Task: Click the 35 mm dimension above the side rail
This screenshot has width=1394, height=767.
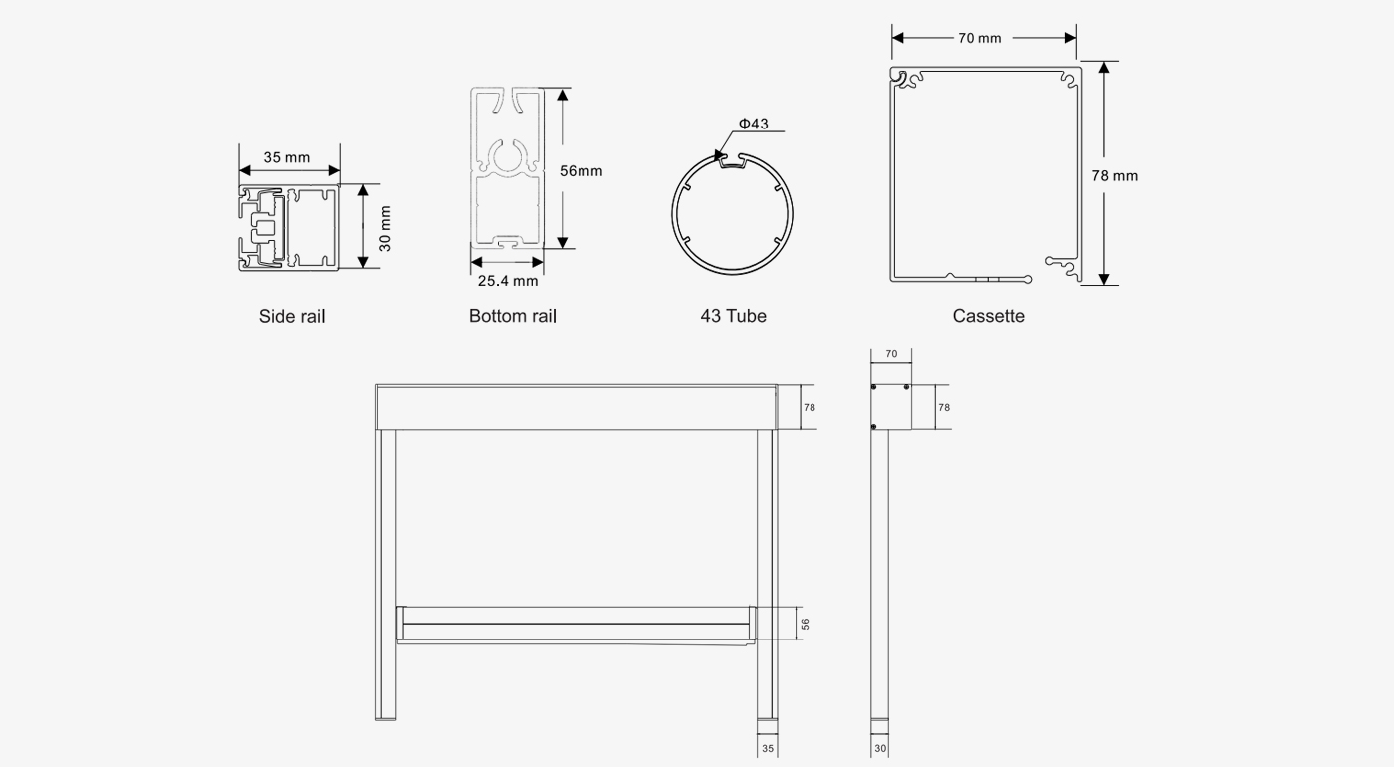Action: (x=287, y=157)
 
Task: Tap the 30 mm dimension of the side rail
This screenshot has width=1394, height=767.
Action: (x=385, y=228)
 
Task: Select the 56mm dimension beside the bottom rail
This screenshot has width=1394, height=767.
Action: (x=581, y=170)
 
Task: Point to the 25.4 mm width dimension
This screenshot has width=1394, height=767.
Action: (x=507, y=281)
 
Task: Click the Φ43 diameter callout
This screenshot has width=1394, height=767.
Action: (x=753, y=124)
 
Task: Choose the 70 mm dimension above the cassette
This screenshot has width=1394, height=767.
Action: (x=980, y=38)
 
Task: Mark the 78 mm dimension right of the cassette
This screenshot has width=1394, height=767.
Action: (x=1114, y=175)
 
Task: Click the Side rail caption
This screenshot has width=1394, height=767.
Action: (x=292, y=316)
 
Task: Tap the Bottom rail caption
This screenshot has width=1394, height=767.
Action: (x=513, y=316)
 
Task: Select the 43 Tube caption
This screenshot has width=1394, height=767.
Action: (x=733, y=316)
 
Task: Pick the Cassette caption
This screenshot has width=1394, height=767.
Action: (x=988, y=316)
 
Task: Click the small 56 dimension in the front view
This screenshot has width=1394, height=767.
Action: (x=805, y=624)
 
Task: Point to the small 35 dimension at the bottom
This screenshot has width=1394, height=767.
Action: (x=767, y=748)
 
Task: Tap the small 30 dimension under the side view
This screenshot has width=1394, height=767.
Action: (x=880, y=748)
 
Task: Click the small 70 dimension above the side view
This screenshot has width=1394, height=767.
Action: (x=890, y=354)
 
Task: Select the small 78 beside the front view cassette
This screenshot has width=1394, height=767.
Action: (x=810, y=407)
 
